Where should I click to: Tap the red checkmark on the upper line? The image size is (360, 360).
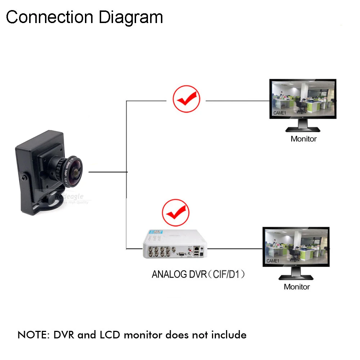coord(186,99)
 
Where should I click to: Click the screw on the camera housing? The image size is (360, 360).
coord(24,178)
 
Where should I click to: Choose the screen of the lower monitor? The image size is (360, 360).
coord(296,247)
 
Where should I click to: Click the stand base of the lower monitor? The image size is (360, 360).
coord(296,277)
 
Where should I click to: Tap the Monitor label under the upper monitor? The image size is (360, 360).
coord(303,139)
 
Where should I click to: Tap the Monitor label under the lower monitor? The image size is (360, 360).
coord(297,287)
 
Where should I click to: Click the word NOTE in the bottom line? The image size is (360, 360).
coord(33,335)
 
